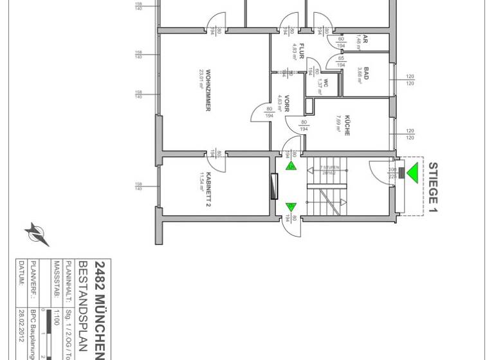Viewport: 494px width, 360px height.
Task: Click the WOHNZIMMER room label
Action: pos(208,90)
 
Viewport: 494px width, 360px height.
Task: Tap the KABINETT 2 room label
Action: pos(208,193)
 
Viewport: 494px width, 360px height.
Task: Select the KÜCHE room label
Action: pos(347,123)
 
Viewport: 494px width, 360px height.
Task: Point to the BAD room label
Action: pos(366,73)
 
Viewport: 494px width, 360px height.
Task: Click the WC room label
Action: pos(326,82)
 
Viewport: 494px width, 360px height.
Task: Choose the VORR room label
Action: pos(287,104)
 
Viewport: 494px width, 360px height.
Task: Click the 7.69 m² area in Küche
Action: pos(338,123)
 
